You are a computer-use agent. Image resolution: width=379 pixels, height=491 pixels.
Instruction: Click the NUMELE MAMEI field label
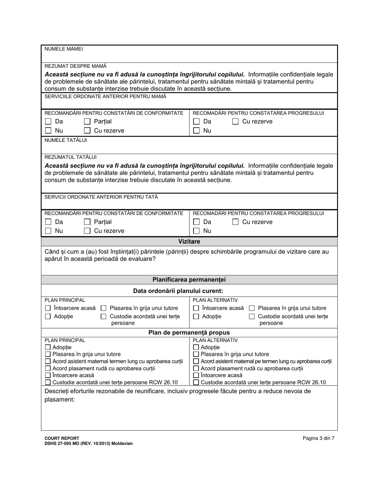pyautogui.click(x=64, y=49)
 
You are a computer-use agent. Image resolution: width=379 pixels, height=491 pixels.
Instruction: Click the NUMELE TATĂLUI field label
pyautogui.click(x=65, y=140)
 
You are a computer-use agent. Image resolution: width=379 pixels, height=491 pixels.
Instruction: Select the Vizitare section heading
pyautogui.click(x=189, y=242)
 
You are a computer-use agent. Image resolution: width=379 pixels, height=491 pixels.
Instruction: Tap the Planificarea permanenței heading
pyautogui.click(x=189, y=280)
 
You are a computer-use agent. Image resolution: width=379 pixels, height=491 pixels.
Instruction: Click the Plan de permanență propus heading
pyautogui.click(x=189, y=333)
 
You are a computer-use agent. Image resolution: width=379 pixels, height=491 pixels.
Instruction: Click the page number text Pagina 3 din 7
pyautogui.click(x=318, y=438)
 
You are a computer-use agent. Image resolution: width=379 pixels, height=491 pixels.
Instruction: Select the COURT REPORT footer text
pyautogui.click(x=62, y=438)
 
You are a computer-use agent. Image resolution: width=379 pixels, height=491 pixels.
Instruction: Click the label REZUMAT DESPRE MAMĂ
pyautogui.click(x=75, y=66)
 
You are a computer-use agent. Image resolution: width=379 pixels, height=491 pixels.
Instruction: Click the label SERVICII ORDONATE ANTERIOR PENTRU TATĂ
pyautogui.click(x=101, y=197)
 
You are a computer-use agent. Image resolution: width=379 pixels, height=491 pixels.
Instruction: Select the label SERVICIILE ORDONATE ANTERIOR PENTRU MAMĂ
pyautogui.click(x=105, y=96)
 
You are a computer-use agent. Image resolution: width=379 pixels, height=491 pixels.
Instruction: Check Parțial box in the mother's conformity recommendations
pyautogui.click(x=87, y=121)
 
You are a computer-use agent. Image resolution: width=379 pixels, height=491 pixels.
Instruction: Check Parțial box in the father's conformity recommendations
pyautogui.click(x=87, y=222)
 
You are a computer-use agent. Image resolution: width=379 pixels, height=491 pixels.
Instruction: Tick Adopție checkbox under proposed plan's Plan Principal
pyautogui.click(x=48, y=348)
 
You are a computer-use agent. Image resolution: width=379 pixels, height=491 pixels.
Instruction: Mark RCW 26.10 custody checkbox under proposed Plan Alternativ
pyautogui.click(x=196, y=382)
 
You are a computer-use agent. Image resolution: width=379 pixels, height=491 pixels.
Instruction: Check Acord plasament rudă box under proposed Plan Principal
pyautogui.click(x=48, y=368)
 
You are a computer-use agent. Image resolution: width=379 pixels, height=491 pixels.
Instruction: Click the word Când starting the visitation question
pyautogui.click(x=53, y=252)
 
